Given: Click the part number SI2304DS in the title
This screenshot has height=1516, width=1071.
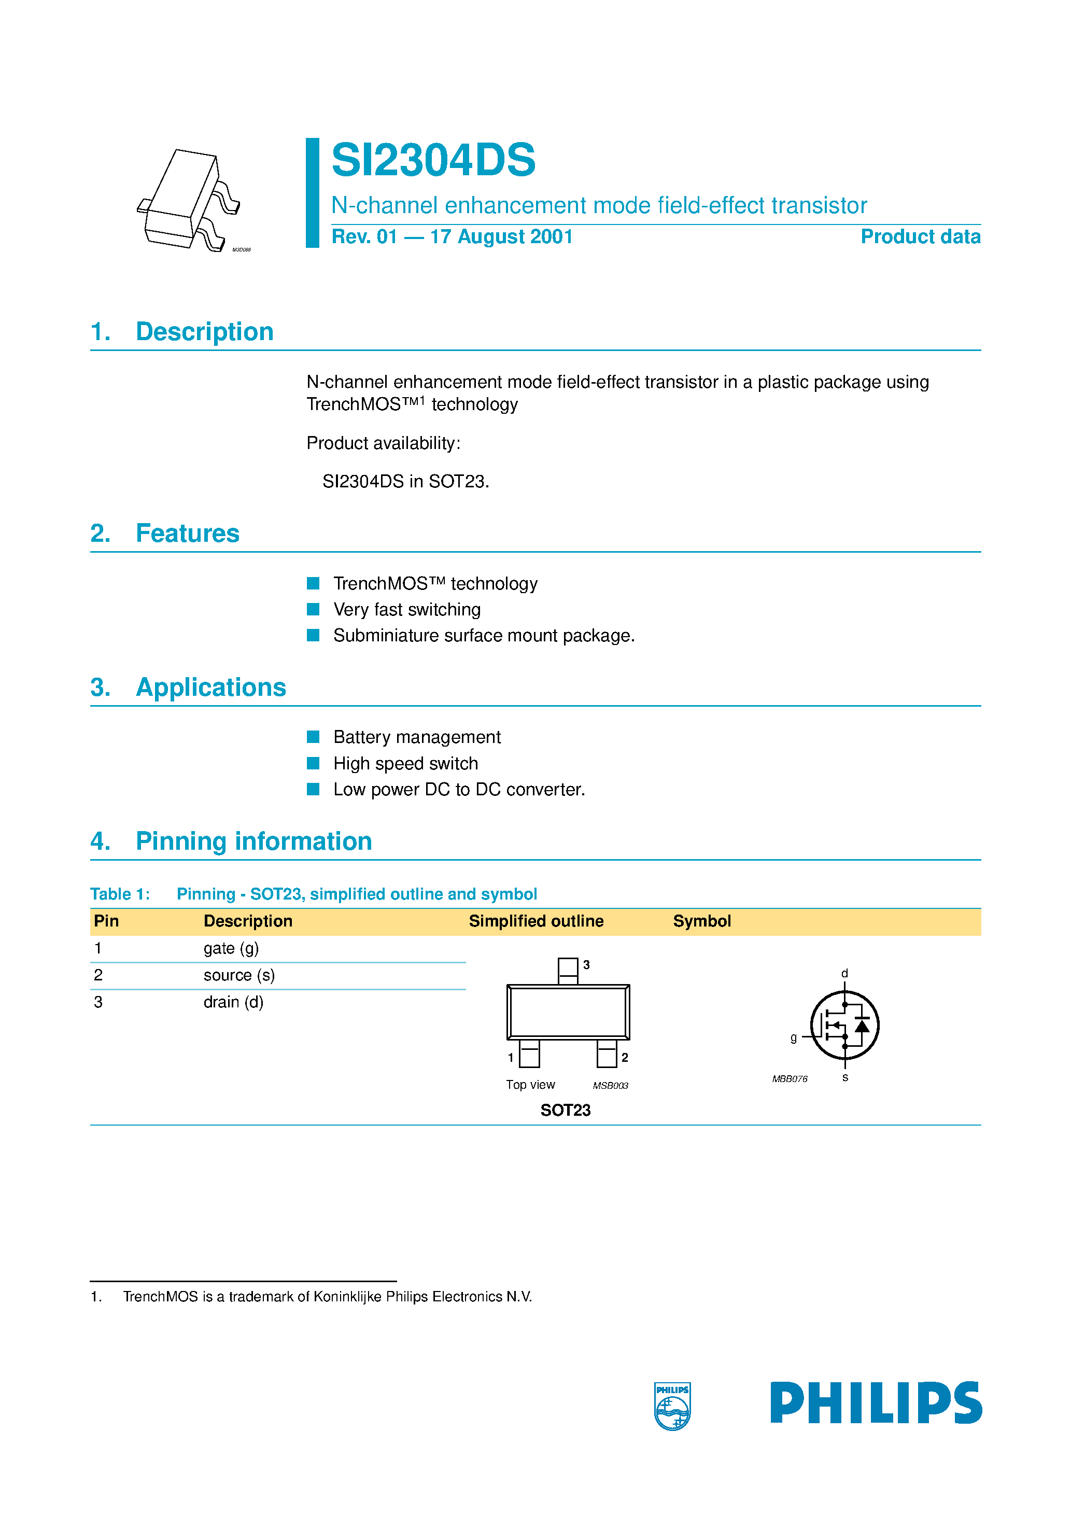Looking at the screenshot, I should (x=433, y=160).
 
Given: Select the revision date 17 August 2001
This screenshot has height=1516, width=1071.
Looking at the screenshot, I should (x=501, y=236).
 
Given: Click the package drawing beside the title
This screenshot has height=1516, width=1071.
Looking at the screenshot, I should (x=190, y=201).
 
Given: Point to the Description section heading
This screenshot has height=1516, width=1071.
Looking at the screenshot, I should (x=204, y=331).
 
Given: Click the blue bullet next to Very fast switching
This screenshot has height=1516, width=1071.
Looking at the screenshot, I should (x=313, y=609).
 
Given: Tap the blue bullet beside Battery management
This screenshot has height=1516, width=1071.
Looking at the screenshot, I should (x=313, y=737).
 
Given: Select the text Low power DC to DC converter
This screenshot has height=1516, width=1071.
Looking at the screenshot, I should (x=459, y=790).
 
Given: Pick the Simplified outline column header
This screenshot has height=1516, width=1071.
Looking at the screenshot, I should (x=535, y=921).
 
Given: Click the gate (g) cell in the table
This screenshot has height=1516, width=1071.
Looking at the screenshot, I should (x=231, y=949).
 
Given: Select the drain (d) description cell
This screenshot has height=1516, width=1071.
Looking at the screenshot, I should (x=233, y=1002).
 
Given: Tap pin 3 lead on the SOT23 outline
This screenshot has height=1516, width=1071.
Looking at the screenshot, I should (x=568, y=971).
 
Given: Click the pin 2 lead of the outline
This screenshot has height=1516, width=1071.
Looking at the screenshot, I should (x=607, y=1054).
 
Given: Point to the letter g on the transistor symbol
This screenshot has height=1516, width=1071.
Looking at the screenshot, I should (x=793, y=1037).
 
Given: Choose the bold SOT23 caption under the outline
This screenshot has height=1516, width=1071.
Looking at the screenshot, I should (x=565, y=1111).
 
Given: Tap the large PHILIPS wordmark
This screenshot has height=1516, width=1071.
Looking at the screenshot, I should (x=876, y=1403).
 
